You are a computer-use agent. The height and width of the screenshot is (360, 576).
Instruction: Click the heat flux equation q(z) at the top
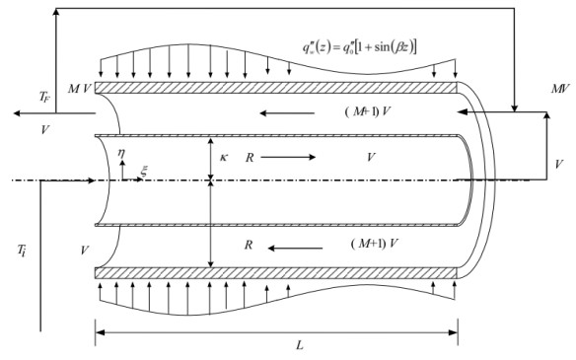pyautogui.click(x=360, y=47)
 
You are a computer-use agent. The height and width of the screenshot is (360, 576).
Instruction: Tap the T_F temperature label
pyautogui.click(x=44, y=97)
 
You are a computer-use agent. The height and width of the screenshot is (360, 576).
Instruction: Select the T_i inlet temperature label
pyautogui.click(x=22, y=251)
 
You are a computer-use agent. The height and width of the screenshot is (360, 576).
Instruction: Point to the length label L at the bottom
pyautogui.click(x=300, y=345)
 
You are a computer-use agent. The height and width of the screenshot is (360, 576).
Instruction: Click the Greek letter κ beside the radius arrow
pyautogui.click(x=224, y=158)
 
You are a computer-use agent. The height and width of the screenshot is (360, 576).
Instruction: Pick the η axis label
pyautogui.click(x=121, y=152)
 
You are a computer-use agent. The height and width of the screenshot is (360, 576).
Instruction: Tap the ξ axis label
pyautogui.click(x=144, y=171)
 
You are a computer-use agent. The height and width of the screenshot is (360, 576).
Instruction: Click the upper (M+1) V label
pyautogui.click(x=367, y=111)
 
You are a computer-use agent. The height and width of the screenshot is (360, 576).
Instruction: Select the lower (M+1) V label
pyautogui.click(x=375, y=244)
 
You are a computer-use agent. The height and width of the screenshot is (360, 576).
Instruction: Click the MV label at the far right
pyautogui.click(x=560, y=88)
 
